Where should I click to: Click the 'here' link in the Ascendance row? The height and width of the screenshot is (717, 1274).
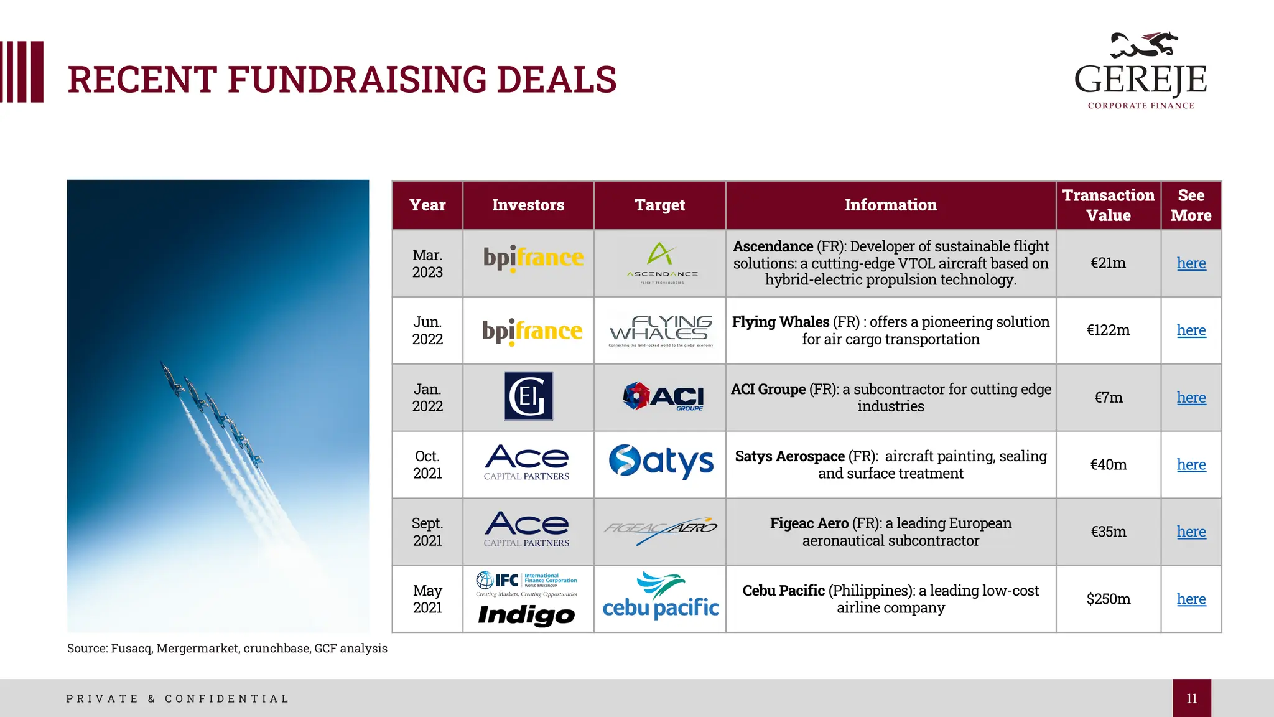1191,263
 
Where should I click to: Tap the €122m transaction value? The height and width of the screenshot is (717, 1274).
1108,330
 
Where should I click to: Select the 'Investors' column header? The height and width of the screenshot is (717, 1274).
528,205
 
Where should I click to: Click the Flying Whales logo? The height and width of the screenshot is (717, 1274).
661,331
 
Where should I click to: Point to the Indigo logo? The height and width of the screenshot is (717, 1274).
526,615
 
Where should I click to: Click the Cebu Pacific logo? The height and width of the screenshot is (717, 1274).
661,597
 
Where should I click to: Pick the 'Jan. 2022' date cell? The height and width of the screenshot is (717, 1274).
427,397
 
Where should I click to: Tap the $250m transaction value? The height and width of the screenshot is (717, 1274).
1108,599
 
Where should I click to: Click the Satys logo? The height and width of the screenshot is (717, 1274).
661,461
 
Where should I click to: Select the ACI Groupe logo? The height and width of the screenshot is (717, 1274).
663,396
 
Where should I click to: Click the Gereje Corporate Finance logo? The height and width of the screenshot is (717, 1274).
1141,70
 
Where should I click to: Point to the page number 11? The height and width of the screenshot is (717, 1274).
1191,698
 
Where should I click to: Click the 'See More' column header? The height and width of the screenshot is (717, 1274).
1191,205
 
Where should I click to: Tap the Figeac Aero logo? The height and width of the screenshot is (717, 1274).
661,530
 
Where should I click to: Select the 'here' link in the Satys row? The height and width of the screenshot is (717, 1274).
1191,465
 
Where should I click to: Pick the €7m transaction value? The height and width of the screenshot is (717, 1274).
1108,397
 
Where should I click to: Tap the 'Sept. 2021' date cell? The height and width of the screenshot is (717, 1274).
427,532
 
